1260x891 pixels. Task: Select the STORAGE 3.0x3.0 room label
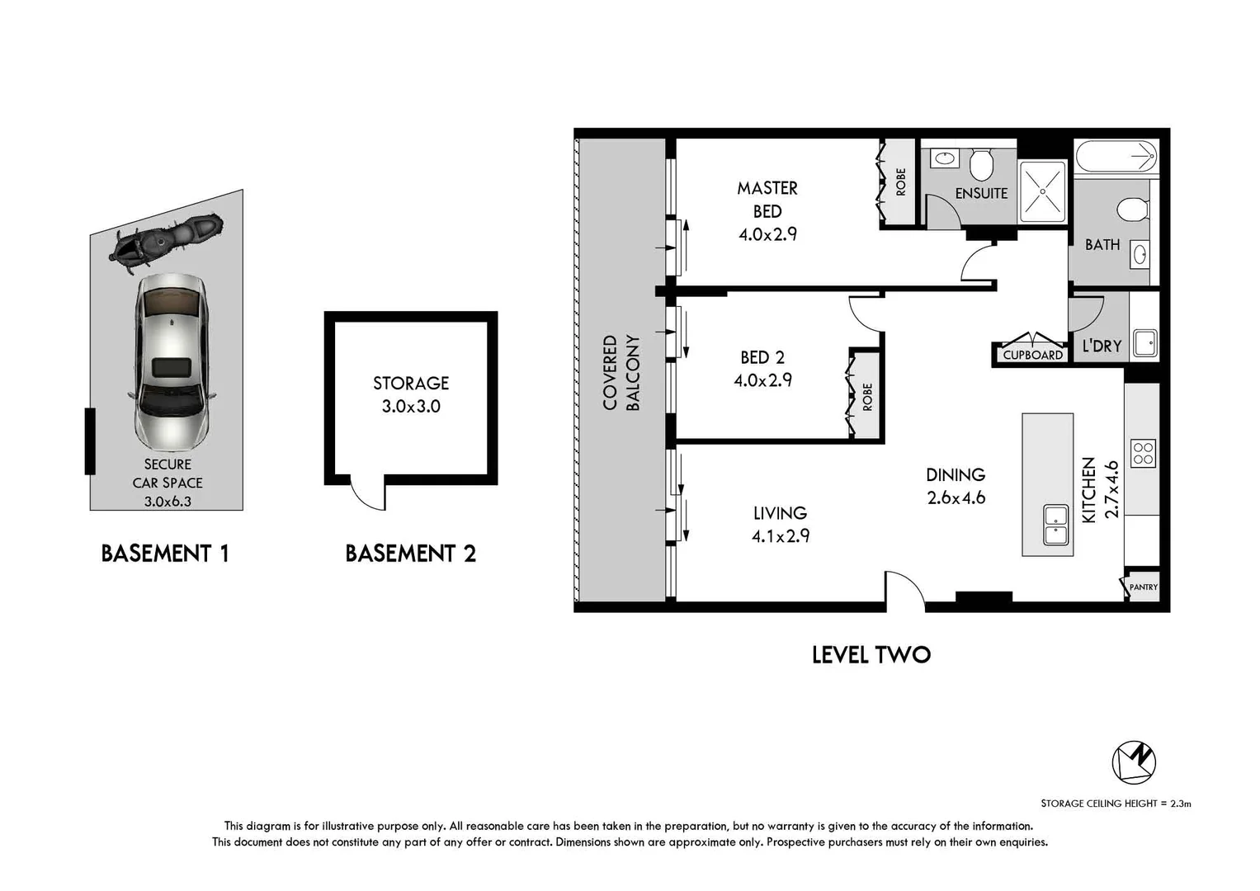pyautogui.click(x=411, y=394)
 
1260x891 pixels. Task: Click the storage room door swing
pyautogui.click(x=368, y=493)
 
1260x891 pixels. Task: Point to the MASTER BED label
pyautogui.click(x=767, y=200)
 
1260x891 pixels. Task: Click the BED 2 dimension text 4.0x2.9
pyautogui.click(x=762, y=380)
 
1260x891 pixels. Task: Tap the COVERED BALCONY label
pyautogui.click(x=621, y=372)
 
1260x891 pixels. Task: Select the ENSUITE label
pyautogui.click(x=981, y=193)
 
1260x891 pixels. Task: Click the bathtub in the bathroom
pyautogui.click(x=1116, y=155)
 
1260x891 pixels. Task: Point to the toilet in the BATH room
pyautogui.click(x=1133, y=209)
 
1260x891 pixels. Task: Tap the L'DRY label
pyautogui.click(x=1102, y=346)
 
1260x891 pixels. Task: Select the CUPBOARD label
pyautogui.click(x=1032, y=355)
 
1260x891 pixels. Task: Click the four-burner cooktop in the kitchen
pyautogui.click(x=1144, y=453)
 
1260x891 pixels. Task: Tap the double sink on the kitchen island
pyautogui.click(x=1056, y=526)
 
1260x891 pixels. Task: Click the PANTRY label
pyautogui.click(x=1143, y=587)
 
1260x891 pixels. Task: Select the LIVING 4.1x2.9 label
pyautogui.click(x=780, y=525)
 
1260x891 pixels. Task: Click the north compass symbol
pyautogui.click(x=1134, y=761)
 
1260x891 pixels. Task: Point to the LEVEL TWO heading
pyautogui.click(x=871, y=655)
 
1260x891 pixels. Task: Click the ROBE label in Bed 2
pyautogui.click(x=867, y=397)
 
